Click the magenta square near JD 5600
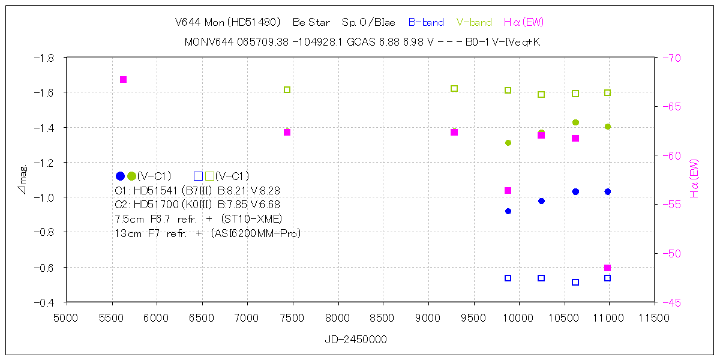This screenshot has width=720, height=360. click(123, 79)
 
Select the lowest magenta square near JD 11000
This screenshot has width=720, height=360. click(607, 268)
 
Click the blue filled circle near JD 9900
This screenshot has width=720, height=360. click(508, 211)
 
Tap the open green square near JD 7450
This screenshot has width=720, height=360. click(287, 89)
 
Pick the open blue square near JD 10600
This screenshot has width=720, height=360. click(575, 282)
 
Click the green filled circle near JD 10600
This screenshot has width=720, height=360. click(575, 122)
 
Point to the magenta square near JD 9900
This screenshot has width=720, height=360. click(508, 190)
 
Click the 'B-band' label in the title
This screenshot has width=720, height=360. click(426, 23)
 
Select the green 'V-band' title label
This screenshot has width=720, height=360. click(474, 23)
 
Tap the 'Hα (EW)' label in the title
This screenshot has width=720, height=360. click(524, 23)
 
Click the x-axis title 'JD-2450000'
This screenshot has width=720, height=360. click(356, 340)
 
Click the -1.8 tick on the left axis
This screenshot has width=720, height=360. click(46, 58)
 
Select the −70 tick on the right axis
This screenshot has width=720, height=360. click(671, 58)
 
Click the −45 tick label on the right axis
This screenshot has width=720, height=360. click(671, 302)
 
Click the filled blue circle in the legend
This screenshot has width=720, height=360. click(120, 176)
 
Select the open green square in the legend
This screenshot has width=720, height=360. click(209, 176)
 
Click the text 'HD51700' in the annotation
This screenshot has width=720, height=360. click(154, 205)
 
